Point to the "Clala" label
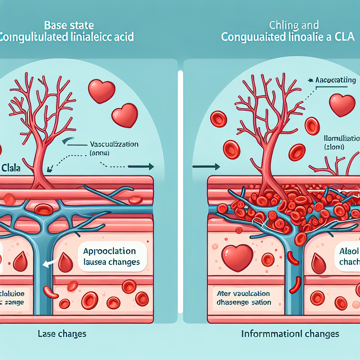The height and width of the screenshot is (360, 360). (x=10, y=168)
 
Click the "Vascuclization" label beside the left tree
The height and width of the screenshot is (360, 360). (x=114, y=144)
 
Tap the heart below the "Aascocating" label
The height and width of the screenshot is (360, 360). (x=342, y=105)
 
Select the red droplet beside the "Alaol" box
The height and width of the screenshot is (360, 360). (x=319, y=264)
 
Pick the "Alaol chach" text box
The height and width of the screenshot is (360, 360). (x=348, y=257)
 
